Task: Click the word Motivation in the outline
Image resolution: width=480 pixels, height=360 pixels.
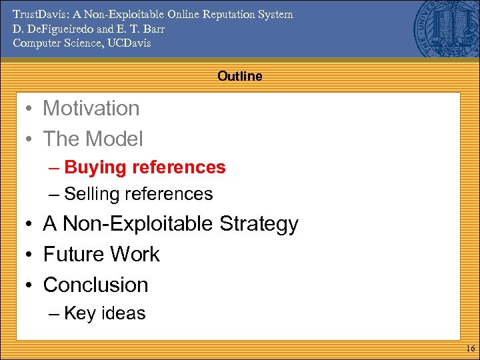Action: point(91,108)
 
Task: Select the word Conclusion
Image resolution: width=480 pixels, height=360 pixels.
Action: point(95,285)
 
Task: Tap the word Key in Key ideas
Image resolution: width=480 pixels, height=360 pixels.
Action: point(79,313)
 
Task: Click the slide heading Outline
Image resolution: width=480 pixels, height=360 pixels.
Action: point(239,76)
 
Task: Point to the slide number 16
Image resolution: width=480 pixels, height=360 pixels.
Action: point(469,349)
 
